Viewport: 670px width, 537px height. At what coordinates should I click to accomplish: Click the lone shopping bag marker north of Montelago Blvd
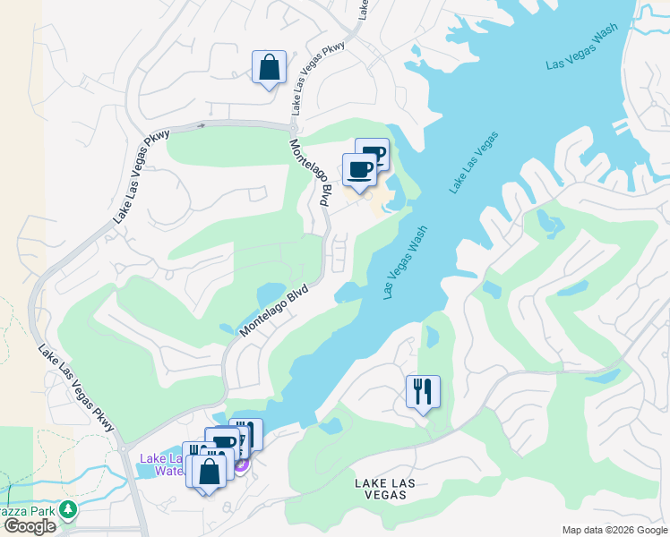(x=269, y=68)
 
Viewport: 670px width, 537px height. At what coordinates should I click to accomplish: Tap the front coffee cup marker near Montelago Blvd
(x=360, y=169)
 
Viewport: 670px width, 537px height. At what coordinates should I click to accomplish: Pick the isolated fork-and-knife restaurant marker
(x=423, y=392)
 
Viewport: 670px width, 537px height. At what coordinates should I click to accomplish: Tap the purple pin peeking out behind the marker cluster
(x=241, y=465)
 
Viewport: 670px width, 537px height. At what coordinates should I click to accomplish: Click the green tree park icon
(x=69, y=509)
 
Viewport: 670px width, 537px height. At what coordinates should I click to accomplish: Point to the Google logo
(x=30, y=526)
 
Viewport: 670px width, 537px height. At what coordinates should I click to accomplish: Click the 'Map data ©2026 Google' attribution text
(x=614, y=530)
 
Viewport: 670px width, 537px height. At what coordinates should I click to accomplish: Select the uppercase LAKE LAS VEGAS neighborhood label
(x=384, y=490)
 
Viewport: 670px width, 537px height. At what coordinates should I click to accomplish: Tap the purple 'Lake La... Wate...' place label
(x=161, y=465)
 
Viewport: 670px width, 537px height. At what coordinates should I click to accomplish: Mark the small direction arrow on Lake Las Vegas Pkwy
(x=202, y=126)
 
